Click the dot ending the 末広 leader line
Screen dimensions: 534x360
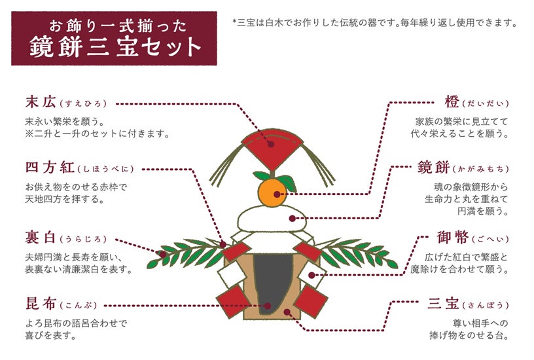(x=270, y=143)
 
